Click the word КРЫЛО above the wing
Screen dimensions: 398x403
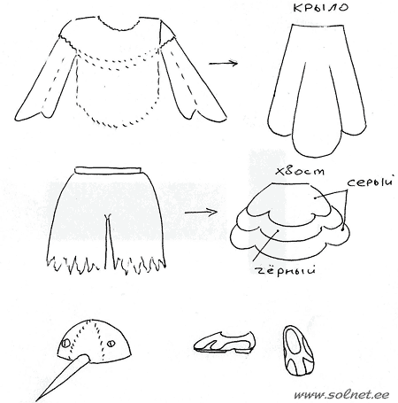click(320, 7)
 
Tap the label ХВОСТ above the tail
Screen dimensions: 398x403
click(300, 171)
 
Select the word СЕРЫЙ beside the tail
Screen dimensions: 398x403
click(370, 182)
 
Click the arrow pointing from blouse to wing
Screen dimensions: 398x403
click(223, 63)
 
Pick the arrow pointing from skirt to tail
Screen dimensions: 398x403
click(201, 212)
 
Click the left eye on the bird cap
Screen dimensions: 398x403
click(65, 343)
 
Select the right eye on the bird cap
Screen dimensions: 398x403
click(111, 344)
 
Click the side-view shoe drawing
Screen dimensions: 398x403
click(224, 343)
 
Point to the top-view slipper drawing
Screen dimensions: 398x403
click(298, 350)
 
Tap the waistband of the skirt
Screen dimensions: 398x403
click(108, 170)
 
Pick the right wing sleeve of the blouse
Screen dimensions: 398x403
click(188, 82)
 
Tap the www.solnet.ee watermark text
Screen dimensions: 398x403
click(341, 395)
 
